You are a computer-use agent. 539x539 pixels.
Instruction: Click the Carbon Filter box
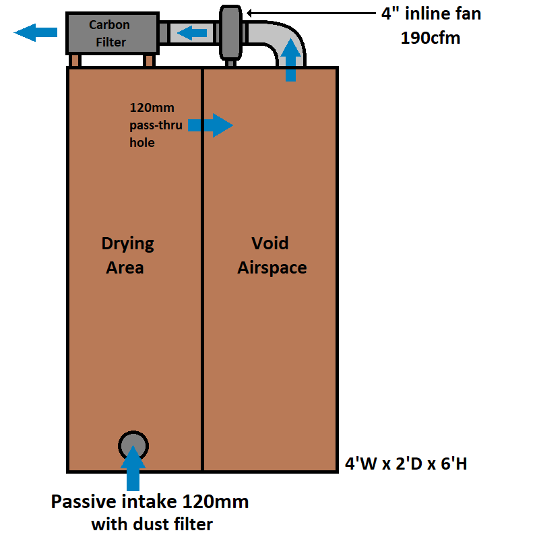113,33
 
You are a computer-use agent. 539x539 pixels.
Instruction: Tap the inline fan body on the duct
230,32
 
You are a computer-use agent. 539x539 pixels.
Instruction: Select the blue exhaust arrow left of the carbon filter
36,32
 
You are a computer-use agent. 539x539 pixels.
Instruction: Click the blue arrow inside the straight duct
192,33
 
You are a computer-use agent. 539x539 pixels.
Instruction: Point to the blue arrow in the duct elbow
290,60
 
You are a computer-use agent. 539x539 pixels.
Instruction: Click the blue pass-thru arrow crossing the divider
210,125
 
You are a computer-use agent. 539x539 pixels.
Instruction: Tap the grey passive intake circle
133,445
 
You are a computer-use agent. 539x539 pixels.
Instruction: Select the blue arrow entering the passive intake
133,468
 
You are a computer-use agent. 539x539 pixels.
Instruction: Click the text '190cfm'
431,38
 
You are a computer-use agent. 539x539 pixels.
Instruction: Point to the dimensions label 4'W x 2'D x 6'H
406,464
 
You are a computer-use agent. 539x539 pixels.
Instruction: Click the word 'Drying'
127,244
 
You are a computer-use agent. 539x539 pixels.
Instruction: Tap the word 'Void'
270,243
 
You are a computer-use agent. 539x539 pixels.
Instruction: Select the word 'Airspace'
272,268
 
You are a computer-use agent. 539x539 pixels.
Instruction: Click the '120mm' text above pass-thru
152,108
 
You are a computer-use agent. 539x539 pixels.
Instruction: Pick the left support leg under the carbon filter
75,61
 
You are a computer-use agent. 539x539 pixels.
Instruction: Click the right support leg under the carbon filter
149,61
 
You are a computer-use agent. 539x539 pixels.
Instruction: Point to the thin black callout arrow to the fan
311,13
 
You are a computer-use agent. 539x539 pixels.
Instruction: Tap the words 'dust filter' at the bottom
173,524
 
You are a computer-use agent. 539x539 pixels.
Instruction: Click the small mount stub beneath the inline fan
230,63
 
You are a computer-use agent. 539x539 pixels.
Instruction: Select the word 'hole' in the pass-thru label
142,142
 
